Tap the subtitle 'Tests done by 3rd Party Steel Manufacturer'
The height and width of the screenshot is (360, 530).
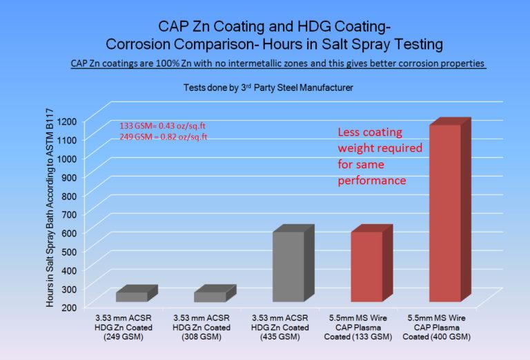[x=265, y=88]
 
